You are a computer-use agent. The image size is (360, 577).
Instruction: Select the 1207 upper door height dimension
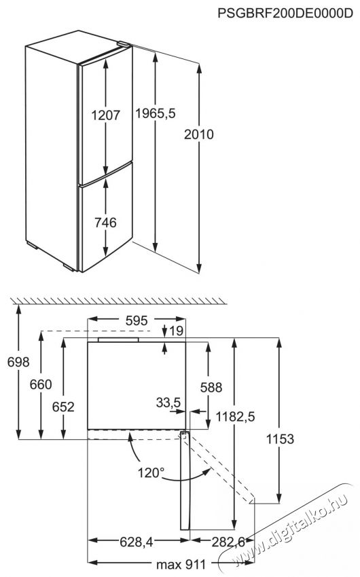tap(106, 115)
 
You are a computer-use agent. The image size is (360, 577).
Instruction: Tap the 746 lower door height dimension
tap(106, 222)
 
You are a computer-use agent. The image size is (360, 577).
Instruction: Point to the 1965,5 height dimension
tap(156, 113)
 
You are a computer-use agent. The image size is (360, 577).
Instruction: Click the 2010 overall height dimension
tap(199, 134)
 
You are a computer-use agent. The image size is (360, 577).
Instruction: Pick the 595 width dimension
tap(137, 320)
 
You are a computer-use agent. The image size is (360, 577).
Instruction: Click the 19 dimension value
tap(177, 331)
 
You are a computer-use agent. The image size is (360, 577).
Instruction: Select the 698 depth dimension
tap(18, 362)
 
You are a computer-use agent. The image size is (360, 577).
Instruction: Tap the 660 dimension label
tap(41, 384)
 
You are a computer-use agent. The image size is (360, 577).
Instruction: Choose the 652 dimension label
tap(63, 407)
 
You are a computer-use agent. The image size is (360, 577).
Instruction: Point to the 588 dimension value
tap(211, 387)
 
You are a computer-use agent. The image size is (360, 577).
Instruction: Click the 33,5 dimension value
tap(168, 403)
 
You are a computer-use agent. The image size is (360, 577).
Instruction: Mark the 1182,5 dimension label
tap(235, 417)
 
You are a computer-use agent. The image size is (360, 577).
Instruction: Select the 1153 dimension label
tap(280, 439)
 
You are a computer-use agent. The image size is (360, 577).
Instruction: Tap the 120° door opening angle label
tap(151, 472)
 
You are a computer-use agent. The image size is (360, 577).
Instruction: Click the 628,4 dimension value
tap(137, 542)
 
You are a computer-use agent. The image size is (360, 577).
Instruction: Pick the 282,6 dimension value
tap(228, 542)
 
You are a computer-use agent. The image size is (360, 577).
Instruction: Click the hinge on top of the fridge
tap(124, 44)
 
